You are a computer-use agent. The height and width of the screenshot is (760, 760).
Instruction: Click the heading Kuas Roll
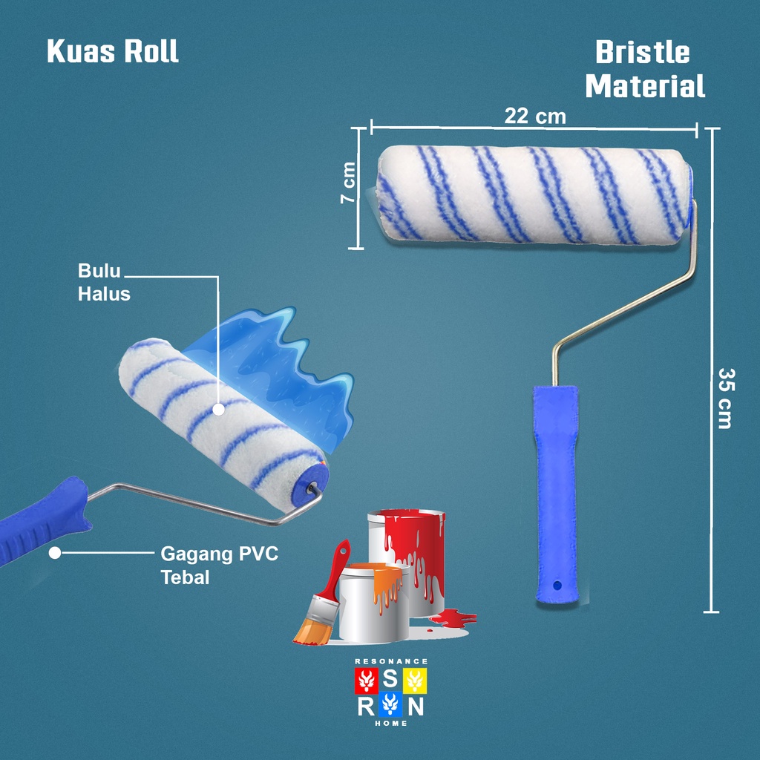point(113,52)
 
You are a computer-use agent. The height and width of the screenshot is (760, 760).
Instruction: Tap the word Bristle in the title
point(643,53)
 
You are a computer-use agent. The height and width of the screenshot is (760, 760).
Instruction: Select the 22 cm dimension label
point(534,117)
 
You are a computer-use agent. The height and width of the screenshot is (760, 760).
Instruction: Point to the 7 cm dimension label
point(349,185)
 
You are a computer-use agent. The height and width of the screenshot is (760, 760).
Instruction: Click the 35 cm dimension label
point(725,399)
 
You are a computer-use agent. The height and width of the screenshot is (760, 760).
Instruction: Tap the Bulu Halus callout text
point(104,283)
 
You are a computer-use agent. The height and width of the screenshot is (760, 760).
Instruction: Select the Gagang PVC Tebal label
point(220,565)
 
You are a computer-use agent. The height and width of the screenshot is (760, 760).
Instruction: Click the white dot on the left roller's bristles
point(218,409)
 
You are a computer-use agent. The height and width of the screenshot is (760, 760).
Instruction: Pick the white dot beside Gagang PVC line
point(54,553)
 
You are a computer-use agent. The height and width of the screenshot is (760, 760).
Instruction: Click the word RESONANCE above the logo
point(391,661)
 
